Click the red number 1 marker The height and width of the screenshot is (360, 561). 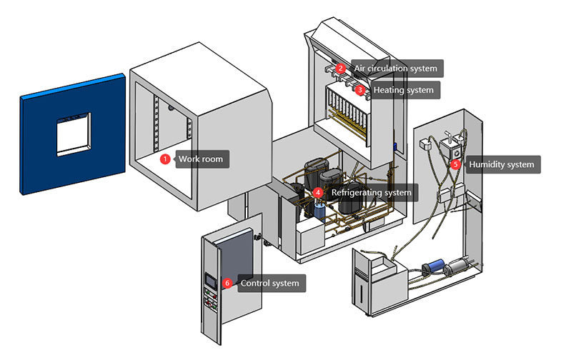pyautogui.click(x=164, y=159)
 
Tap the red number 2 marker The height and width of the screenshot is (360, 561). pyautogui.click(x=342, y=69)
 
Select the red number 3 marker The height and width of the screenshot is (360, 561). pyautogui.click(x=361, y=90)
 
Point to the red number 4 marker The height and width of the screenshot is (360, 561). pyautogui.click(x=318, y=192)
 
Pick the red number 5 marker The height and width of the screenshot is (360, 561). pyautogui.click(x=455, y=164)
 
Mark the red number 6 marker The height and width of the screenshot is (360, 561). pyautogui.click(x=227, y=283)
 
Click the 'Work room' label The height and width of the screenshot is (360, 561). pyautogui.click(x=201, y=159)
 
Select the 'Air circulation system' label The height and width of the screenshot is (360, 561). pyautogui.click(x=395, y=69)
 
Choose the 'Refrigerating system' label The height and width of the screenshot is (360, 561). pyautogui.click(x=371, y=192)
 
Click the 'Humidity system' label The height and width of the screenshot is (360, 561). pyautogui.click(x=501, y=164)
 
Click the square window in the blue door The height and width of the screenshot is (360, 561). pyautogui.click(x=72, y=133)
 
